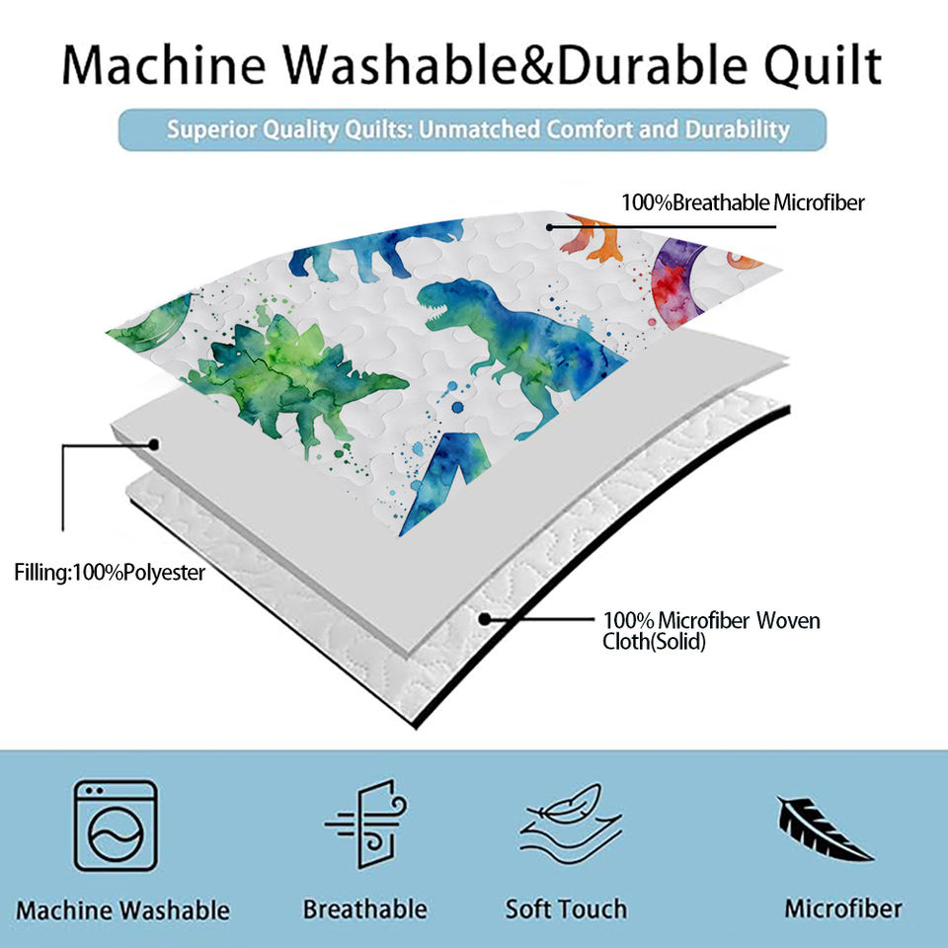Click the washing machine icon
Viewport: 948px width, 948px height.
(115, 825)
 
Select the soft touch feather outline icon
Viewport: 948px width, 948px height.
(571, 823)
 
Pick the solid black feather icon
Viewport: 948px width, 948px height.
(824, 829)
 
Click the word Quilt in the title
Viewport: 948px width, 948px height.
(823, 65)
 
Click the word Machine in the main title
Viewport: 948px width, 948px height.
(164, 65)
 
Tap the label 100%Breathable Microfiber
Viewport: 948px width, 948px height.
(743, 202)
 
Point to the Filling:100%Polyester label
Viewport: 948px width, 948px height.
(110, 572)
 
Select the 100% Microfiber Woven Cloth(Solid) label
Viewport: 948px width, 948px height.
(711, 631)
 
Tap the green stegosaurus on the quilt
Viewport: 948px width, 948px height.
(296, 381)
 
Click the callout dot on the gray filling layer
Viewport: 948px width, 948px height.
(154, 445)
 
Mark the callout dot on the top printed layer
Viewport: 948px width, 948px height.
(550, 227)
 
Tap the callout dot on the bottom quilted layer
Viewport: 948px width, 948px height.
(484, 619)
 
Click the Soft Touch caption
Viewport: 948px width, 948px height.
(567, 909)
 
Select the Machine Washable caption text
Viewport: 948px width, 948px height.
(122, 910)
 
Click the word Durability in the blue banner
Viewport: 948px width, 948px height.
(737, 129)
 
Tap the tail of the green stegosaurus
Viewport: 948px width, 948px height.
(380, 383)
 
